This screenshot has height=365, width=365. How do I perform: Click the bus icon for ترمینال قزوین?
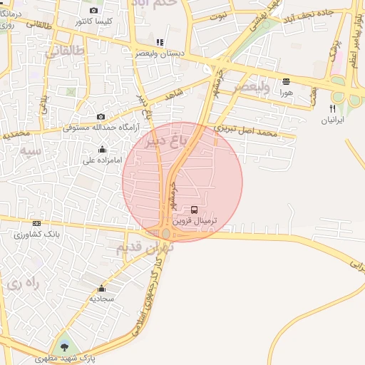(x=195, y=210)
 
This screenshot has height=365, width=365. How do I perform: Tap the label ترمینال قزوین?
(x=195, y=221)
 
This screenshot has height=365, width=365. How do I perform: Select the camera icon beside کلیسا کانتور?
(x=94, y=10)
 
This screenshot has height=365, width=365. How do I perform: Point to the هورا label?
(x=286, y=92)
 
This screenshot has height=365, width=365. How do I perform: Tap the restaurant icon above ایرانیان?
(x=332, y=108)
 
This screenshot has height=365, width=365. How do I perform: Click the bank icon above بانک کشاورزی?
(x=37, y=223)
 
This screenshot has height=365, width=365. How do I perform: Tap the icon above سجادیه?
(x=101, y=289)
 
